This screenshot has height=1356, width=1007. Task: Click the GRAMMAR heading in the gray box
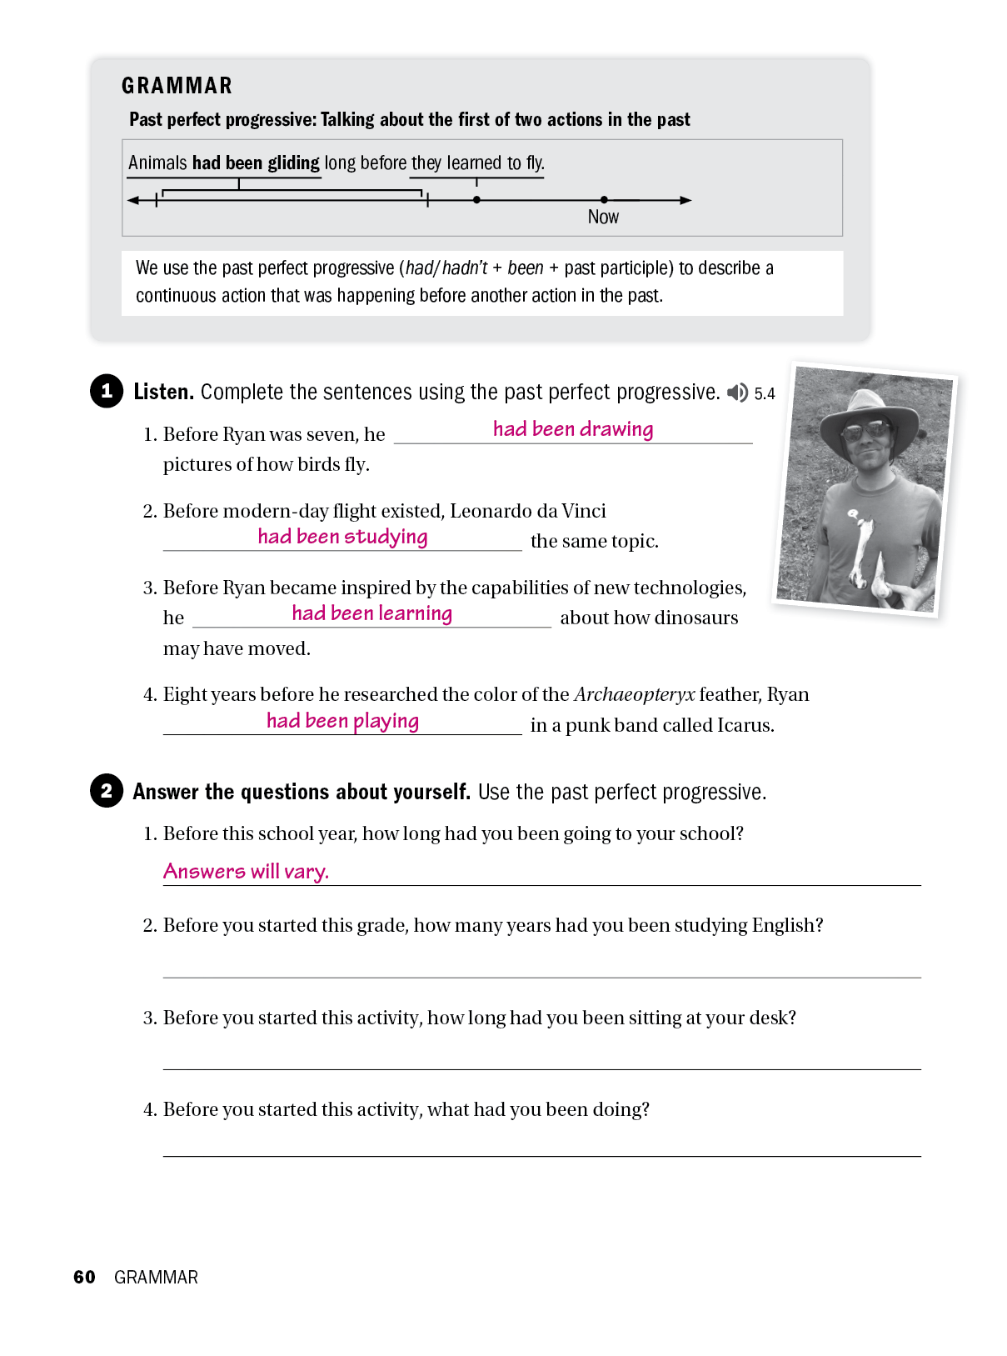(177, 86)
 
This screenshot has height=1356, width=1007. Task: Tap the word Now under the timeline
(603, 217)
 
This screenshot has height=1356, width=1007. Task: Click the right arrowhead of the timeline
(686, 200)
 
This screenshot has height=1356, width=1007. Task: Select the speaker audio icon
(737, 393)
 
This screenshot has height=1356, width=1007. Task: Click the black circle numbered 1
(107, 391)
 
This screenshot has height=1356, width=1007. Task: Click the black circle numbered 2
(107, 790)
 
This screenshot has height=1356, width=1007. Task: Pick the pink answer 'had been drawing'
(573, 429)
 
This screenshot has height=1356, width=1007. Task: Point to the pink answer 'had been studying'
(342, 537)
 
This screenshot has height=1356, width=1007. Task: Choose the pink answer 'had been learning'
(371, 613)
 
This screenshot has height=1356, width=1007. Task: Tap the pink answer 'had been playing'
(342, 721)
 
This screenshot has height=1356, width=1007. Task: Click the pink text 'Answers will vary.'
(246, 872)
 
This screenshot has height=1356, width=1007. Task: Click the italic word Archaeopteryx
(634, 694)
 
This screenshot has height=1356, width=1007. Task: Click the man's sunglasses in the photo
(865, 431)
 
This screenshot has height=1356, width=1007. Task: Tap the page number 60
(84, 1277)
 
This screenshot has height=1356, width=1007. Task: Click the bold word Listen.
(163, 392)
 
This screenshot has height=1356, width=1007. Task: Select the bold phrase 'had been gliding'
(256, 163)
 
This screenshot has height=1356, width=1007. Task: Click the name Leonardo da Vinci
(527, 511)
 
